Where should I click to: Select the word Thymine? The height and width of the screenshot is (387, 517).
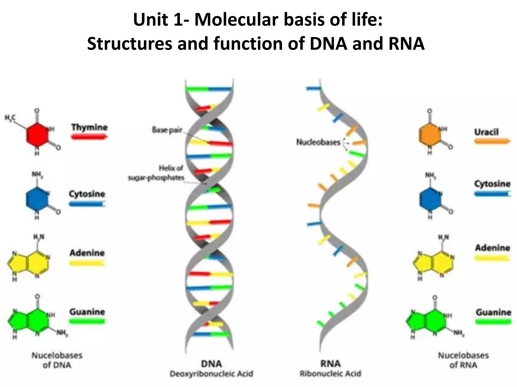(x=89, y=127)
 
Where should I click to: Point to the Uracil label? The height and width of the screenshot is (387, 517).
(x=486, y=132)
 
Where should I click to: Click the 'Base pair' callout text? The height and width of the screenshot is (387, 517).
(x=167, y=130)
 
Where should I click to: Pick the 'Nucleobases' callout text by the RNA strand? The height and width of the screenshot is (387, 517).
(x=318, y=142)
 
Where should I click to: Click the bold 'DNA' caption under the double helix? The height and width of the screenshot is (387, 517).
(x=211, y=364)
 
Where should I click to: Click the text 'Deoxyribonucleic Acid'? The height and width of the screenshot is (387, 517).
(x=211, y=374)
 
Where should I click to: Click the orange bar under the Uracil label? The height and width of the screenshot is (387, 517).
(x=492, y=141)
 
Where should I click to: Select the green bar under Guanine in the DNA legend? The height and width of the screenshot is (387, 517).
(x=87, y=321)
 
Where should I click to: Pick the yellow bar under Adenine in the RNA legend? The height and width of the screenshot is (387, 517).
(x=492, y=258)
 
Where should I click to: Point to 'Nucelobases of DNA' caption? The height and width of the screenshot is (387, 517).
(x=57, y=360)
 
